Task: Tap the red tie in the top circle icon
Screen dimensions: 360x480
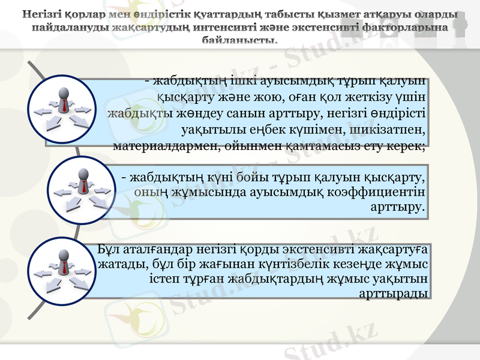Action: (x=64, y=106)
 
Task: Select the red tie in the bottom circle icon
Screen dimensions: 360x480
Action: (x=64, y=266)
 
